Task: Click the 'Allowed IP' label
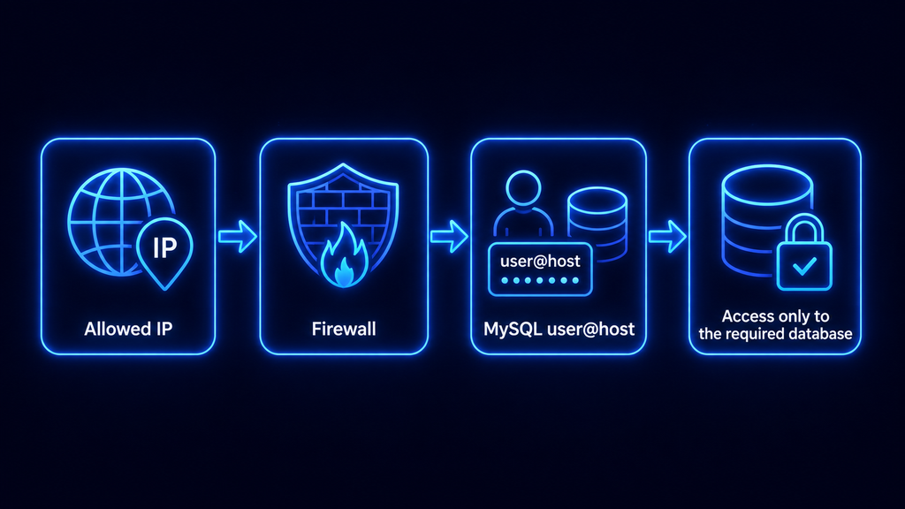point(128,329)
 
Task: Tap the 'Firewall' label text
point(344,329)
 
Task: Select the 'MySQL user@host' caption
point(559,329)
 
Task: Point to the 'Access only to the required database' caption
point(775,325)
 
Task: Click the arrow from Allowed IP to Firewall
point(237,236)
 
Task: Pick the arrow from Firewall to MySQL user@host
point(449,236)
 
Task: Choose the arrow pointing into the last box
point(667,236)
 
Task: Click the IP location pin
point(164,252)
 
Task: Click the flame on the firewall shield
point(344,257)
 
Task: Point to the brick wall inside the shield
point(343,208)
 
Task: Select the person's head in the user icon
point(523,188)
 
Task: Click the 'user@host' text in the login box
point(540,262)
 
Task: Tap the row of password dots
point(540,280)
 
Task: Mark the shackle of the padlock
point(804,230)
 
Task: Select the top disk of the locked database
point(768,185)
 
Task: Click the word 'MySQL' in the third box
point(513,329)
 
